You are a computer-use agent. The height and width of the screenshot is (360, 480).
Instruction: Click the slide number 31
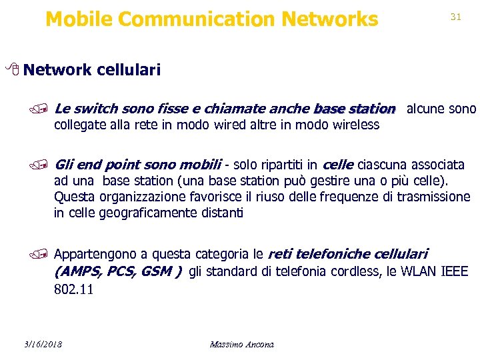point(456,17)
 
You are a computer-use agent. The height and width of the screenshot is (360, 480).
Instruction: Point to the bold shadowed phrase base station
point(354,108)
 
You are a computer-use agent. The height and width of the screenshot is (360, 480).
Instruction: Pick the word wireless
point(356,125)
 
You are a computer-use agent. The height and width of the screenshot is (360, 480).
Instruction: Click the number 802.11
point(73,289)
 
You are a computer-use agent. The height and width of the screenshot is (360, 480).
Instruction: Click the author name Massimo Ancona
point(241,344)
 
